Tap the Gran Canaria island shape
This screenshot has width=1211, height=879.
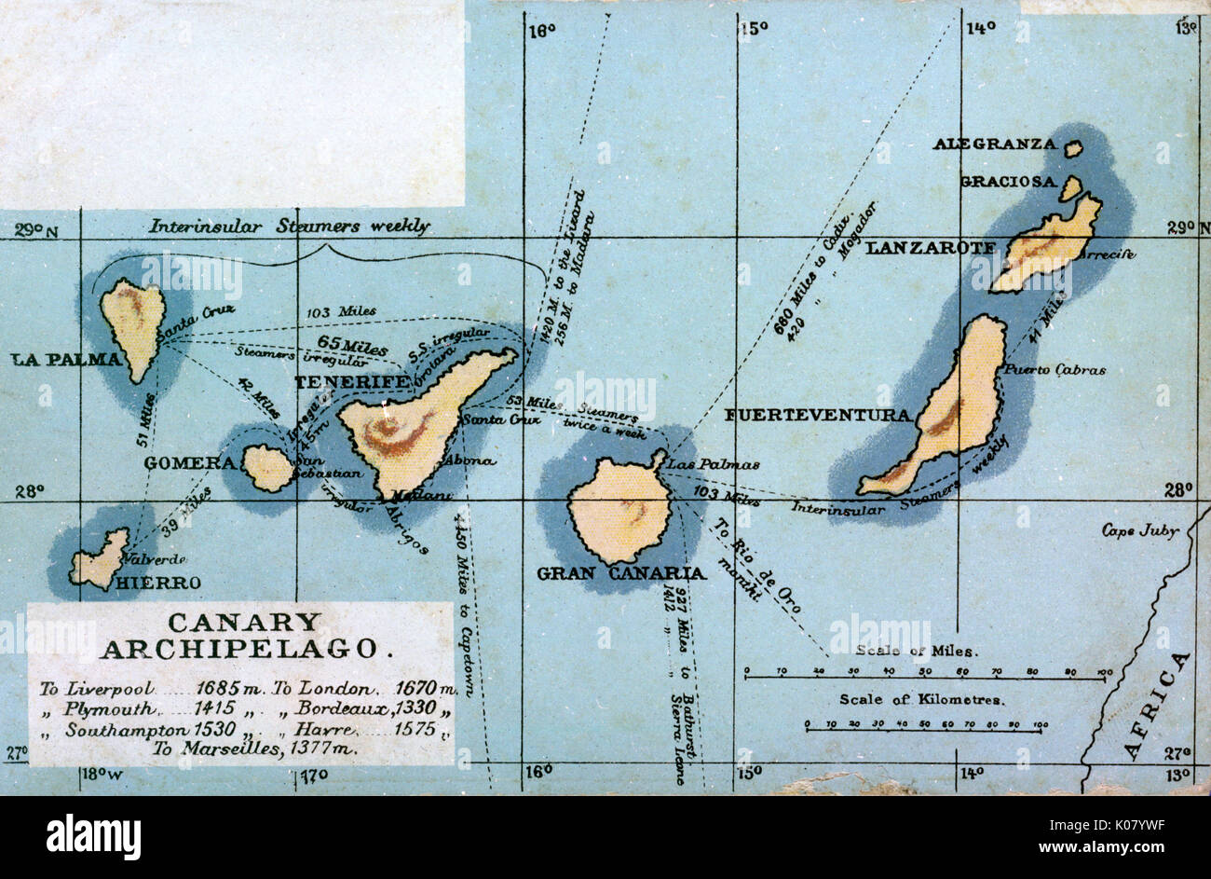(620, 511)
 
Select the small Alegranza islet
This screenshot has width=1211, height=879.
(1073, 148)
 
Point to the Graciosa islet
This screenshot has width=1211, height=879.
(1069, 188)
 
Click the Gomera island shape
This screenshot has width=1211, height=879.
(268, 468)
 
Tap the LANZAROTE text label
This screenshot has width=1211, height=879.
(931, 248)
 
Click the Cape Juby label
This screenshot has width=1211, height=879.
(1140, 530)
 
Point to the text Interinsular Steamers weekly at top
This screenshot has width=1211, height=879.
(290, 226)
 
